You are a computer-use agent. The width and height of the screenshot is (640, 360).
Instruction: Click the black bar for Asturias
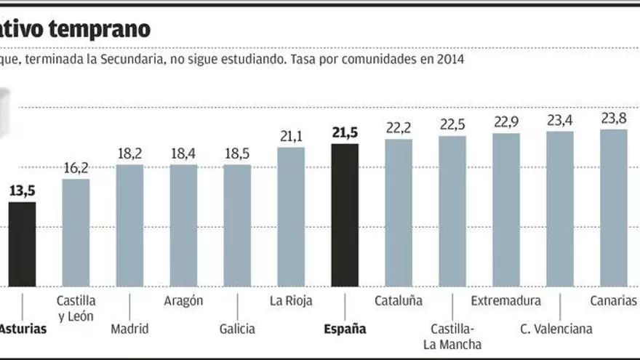click(x=22, y=244)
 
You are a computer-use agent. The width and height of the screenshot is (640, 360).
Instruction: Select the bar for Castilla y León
click(x=76, y=232)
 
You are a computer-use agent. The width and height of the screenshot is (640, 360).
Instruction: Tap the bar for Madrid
click(x=129, y=225)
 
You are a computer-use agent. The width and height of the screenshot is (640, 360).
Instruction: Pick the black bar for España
click(x=344, y=215)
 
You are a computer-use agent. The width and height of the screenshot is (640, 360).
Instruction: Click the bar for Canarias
click(x=613, y=207)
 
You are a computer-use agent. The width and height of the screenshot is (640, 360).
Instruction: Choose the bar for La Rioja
click(x=291, y=216)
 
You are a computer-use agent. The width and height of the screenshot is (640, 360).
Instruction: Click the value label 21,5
click(x=345, y=132)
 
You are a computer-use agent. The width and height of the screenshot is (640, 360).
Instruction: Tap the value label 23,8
click(x=614, y=119)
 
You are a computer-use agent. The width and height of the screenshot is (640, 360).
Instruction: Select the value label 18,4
click(x=183, y=153)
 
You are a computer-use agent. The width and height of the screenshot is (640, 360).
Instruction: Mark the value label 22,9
click(x=506, y=121)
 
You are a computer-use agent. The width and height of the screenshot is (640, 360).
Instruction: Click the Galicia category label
click(x=237, y=329)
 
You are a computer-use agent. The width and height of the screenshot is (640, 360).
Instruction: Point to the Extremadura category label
click(x=506, y=300)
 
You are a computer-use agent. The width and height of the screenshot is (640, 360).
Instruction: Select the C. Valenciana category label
click(x=556, y=329)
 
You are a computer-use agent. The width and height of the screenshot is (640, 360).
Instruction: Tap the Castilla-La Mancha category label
click(x=452, y=336)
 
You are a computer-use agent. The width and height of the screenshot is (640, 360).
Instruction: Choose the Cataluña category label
click(x=399, y=300)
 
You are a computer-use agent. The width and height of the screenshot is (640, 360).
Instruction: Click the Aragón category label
click(x=183, y=300)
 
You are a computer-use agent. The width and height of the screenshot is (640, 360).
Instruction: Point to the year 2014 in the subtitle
click(x=451, y=60)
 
